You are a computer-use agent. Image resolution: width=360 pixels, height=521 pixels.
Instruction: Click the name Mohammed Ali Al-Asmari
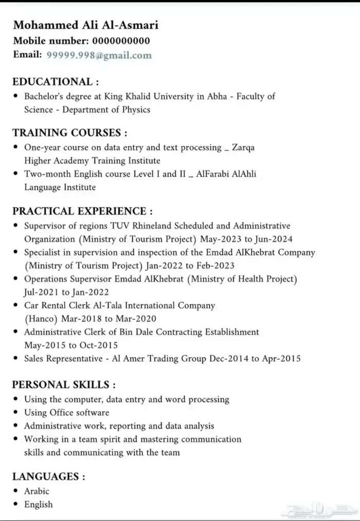79,25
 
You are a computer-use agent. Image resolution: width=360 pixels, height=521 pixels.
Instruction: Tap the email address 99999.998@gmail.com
99,55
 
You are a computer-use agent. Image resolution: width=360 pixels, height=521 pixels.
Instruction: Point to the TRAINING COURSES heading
69,133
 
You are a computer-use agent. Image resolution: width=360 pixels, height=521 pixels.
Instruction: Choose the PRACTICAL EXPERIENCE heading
82,211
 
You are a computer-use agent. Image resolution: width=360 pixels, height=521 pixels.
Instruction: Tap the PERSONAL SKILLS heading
64,385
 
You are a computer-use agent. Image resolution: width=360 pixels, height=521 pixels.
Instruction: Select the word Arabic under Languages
37,491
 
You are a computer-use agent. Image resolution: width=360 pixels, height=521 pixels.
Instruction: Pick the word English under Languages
38,505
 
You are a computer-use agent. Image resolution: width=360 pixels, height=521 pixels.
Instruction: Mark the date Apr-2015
281,359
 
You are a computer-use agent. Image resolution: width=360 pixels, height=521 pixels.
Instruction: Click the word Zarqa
242,147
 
